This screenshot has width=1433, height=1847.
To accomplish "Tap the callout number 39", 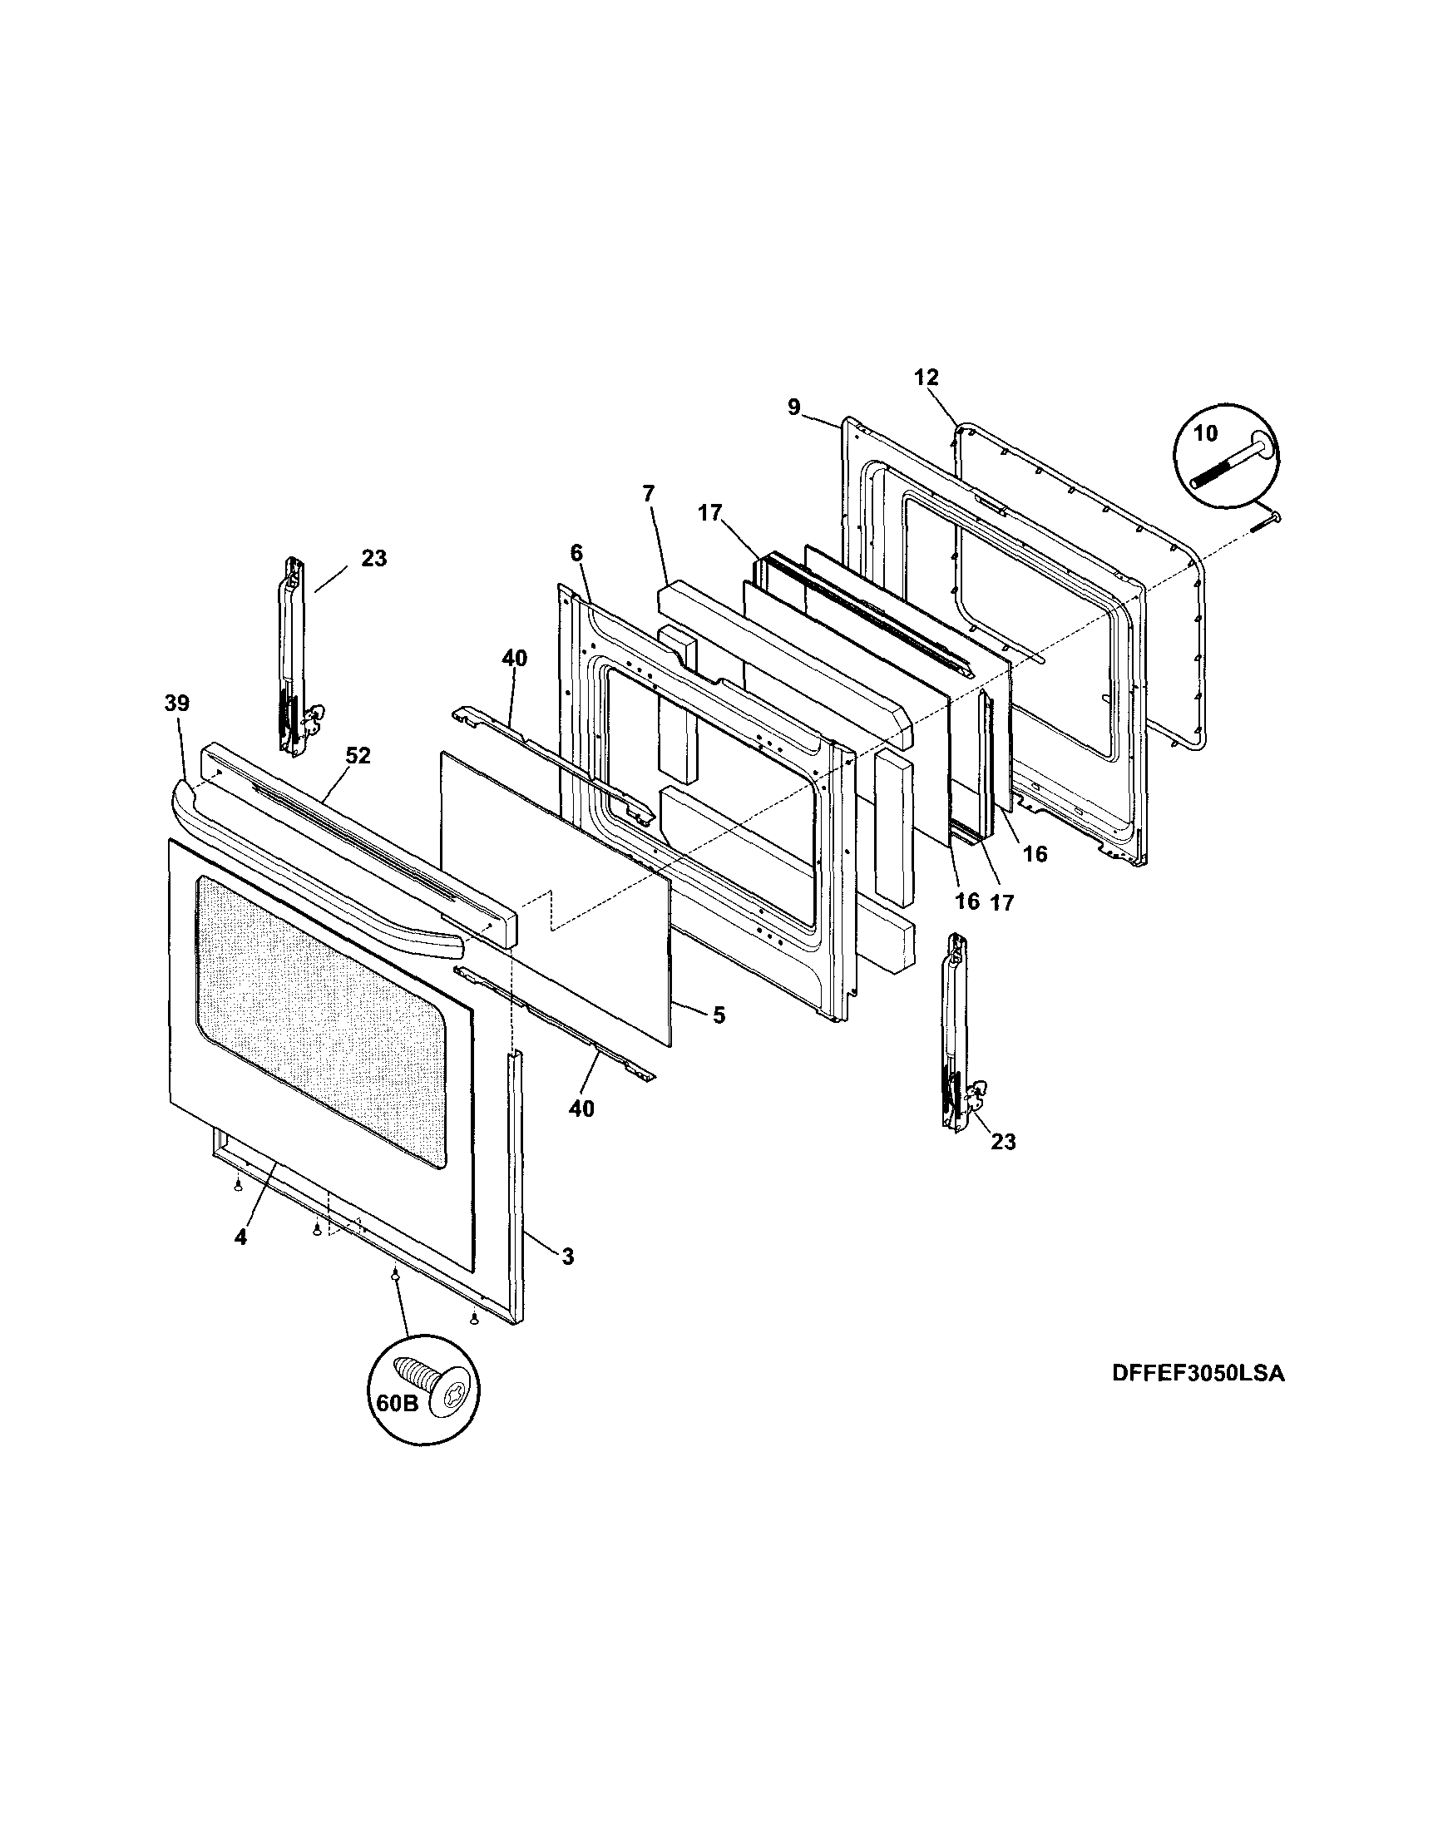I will pos(178,704).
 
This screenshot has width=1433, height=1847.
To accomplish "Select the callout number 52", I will pos(358,756).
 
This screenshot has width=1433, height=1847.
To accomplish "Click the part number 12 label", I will pos(927,378).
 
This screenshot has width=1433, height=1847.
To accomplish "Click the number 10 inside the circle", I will pos(1205,434).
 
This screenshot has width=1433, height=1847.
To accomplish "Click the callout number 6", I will pos(576,553).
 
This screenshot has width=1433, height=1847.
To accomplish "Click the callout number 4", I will pos(241,1237).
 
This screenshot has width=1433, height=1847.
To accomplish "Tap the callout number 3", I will pos(566,1257).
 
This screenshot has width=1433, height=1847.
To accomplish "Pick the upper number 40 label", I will pos(514,659).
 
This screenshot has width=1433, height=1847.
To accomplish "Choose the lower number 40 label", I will pos(582,1108).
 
